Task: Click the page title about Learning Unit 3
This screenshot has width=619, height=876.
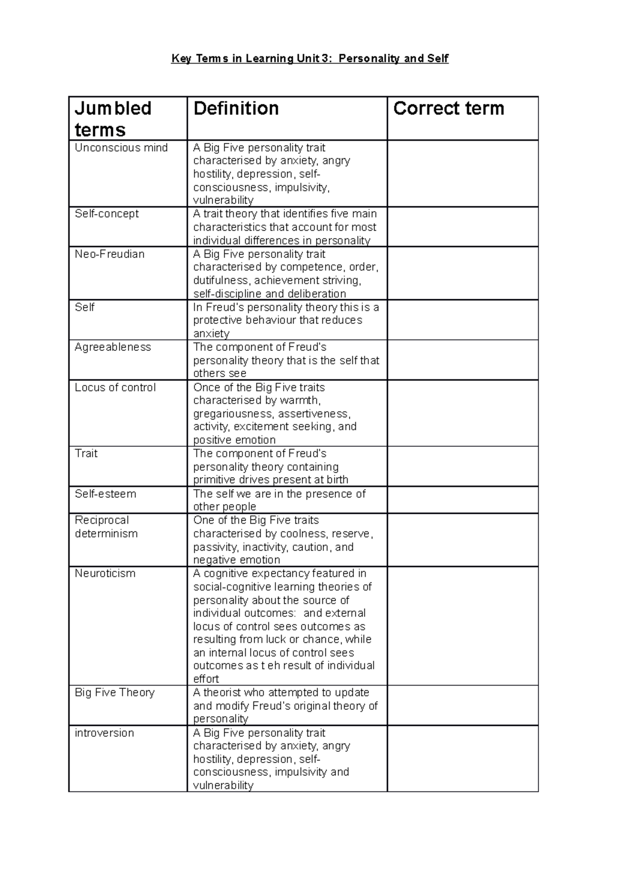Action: coord(309,59)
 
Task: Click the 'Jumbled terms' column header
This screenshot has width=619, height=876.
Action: coord(113,119)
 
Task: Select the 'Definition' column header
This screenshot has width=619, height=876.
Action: coord(236,108)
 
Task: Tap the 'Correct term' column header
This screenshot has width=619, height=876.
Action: coord(448,108)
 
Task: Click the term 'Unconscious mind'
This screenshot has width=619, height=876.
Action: coord(121,148)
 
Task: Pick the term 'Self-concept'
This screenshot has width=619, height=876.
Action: coord(107,214)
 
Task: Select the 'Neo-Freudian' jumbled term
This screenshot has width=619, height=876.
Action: coord(109,254)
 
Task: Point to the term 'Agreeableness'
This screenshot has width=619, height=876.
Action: coord(112,347)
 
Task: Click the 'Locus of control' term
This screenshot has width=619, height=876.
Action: coord(115,387)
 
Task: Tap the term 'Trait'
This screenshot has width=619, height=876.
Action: coord(86,453)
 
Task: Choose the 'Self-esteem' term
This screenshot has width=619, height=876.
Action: coord(105,494)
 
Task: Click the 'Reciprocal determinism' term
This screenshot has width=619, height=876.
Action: coord(106,527)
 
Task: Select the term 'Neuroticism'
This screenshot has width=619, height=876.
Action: coord(105,573)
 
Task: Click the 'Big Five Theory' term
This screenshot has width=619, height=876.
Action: coord(115,692)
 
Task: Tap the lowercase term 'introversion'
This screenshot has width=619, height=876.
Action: coord(104,733)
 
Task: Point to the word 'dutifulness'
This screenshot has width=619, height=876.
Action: coord(221,280)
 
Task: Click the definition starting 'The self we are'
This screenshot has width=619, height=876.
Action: coord(279,500)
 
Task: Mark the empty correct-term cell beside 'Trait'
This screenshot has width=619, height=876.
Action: coord(462,466)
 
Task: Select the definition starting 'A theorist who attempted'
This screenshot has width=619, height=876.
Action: coord(285,705)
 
